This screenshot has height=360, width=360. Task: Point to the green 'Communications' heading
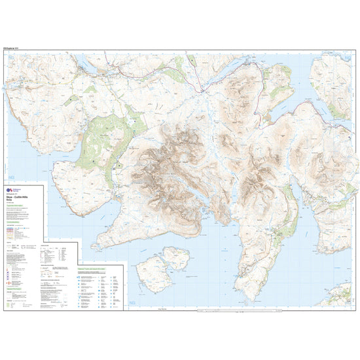coord(16,223)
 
